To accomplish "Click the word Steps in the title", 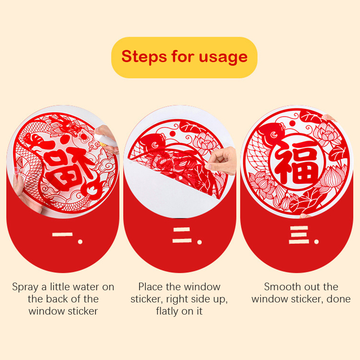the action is tap(144, 57).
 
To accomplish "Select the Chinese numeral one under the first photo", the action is tap(63, 234).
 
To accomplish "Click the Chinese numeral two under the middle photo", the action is tap(182, 235).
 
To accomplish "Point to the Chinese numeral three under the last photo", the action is tap(299, 234).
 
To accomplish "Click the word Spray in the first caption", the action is tap(25, 287).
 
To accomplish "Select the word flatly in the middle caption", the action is tap(167, 311).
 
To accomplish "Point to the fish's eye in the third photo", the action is tap(274, 135).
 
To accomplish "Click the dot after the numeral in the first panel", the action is tap(80, 242).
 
